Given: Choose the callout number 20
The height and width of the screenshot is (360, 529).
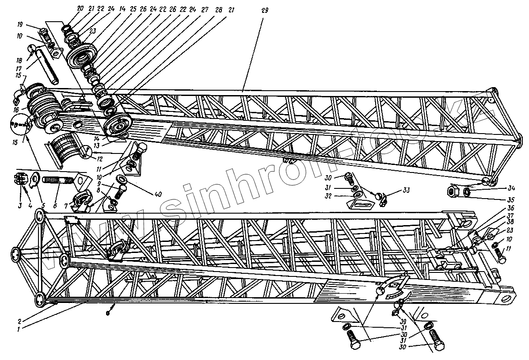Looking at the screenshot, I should pyautogui.click(x=80, y=8).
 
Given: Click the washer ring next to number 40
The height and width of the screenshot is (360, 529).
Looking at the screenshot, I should pyautogui.click(x=121, y=179).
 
